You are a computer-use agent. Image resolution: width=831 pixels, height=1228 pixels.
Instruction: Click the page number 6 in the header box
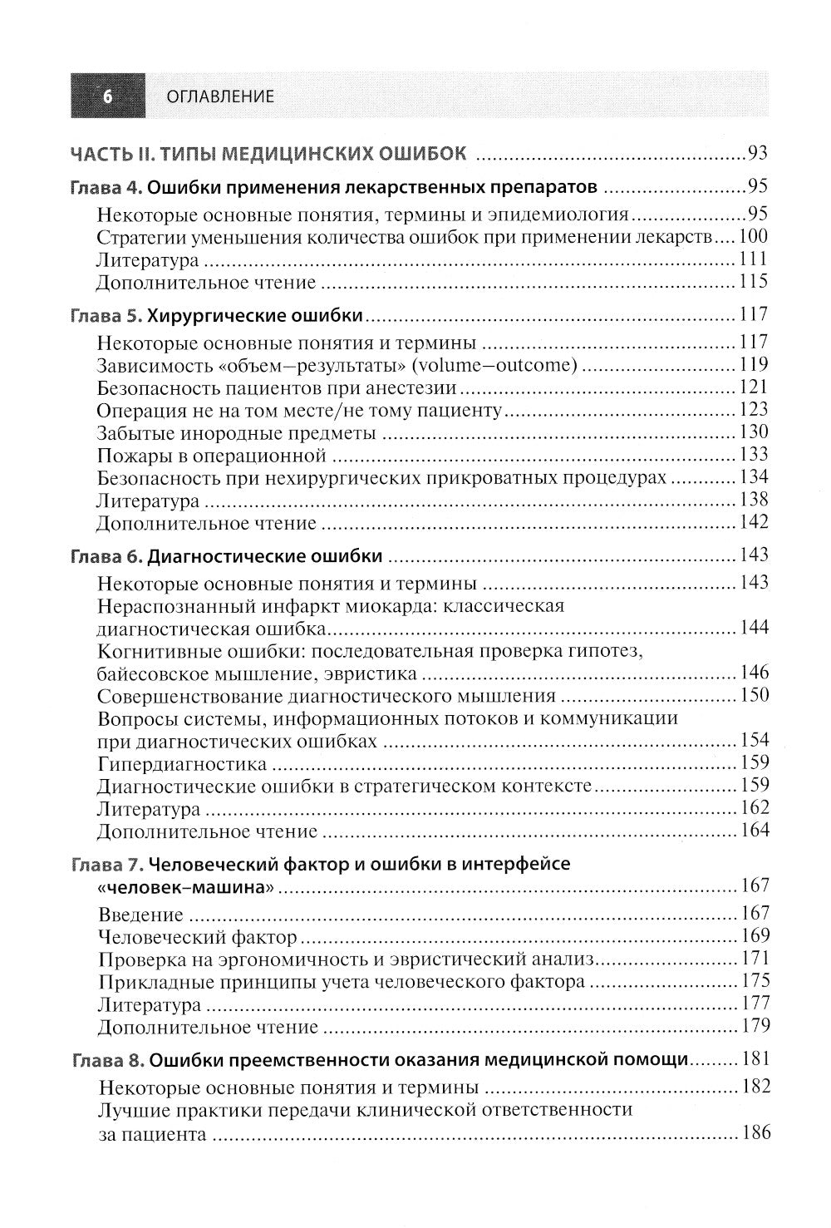[x=106, y=96]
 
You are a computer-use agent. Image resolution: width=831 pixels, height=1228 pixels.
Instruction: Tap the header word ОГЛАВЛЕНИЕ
[x=221, y=96]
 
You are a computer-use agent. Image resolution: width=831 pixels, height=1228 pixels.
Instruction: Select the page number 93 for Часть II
[x=757, y=153]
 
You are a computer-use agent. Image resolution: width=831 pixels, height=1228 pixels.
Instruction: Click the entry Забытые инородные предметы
[x=236, y=433]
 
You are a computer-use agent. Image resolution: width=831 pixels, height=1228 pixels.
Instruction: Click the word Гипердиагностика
[x=182, y=763]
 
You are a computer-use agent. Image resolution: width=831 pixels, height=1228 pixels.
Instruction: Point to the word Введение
[x=140, y=915]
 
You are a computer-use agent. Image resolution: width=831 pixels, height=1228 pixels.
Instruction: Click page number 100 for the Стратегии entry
[x=754, y=236]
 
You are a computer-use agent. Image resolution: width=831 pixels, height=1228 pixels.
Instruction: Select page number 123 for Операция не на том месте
[x=754, y=410]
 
